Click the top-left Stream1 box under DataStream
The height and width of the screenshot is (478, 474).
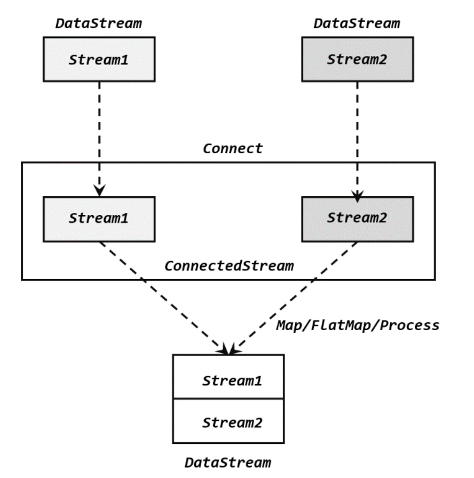click(99, 59)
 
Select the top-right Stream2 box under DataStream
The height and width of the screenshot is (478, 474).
click(357, 59)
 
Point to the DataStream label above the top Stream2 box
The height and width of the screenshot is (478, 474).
click(357, 23)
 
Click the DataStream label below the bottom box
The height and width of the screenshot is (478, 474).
click(228, 462)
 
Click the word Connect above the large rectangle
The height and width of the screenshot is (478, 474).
click(233, 148)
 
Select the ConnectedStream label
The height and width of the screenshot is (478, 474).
click(229, 266)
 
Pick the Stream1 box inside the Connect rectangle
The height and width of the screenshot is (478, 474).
click(99, 219)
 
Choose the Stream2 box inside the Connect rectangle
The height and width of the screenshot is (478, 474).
click(357, 219)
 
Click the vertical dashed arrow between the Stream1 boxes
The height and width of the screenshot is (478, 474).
click(99, 133)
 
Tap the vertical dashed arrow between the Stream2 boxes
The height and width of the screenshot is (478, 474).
click(357, 133)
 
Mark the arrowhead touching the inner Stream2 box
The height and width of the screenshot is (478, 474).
click(357, 196)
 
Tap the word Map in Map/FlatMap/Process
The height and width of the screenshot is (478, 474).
click(289, 325)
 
